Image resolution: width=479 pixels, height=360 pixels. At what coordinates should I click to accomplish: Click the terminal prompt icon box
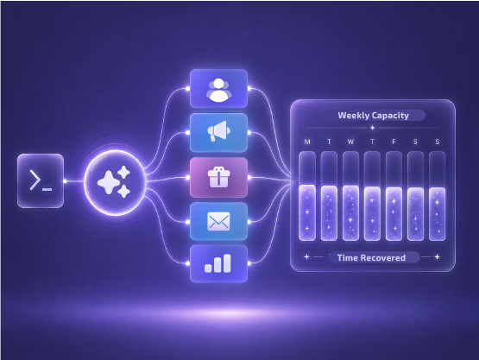[x=41, y=181]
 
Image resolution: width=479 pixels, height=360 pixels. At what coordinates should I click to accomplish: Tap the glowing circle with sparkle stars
[x=115, y=182]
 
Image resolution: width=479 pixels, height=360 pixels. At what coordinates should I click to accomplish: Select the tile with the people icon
[x=218, y=89]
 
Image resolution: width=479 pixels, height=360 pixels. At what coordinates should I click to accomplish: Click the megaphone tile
[x=218, y=133]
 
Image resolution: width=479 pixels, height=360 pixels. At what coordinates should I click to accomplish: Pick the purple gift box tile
[x=218, y=177]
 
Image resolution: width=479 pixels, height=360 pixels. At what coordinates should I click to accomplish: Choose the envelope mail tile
[x=218, y=221]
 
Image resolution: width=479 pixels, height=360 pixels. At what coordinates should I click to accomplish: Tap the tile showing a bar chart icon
[x=218, y=263]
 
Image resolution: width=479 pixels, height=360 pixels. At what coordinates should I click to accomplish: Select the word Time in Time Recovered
[x=348, y=258]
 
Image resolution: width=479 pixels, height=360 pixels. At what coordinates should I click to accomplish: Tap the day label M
[x=307, y=142]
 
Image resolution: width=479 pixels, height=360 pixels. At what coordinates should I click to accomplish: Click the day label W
[x=350, y=142]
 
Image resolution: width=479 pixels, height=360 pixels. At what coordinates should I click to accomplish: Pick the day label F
[x=394, y=142]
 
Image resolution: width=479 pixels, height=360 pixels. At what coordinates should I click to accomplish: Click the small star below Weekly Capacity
[x=372, y=128]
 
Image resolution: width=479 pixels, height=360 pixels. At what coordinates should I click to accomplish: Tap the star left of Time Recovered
[x=307, y=257]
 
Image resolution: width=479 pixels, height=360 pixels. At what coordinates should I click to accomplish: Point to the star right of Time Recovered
[x=438, y=257]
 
